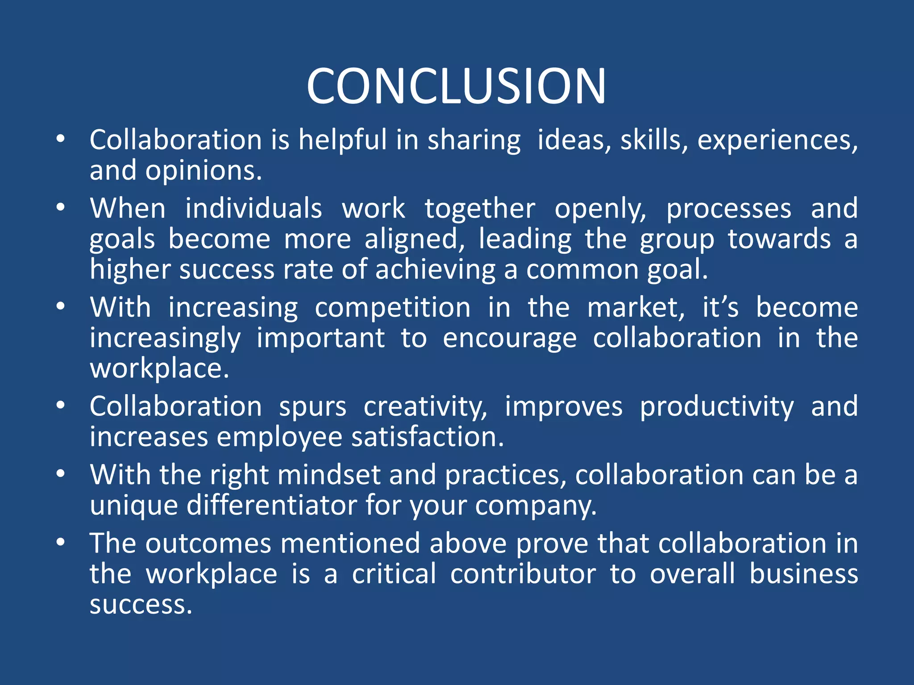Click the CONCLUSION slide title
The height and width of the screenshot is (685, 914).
[x=456, y=86]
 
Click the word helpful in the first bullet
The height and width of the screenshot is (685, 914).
[x=343, y=140]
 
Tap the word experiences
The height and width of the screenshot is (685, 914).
[x=777, y=140]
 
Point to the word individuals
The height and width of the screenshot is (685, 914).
[x=253, y=209]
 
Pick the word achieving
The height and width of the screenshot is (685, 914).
[x=436, y=270]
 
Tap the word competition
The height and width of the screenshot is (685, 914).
[x=393, y=308]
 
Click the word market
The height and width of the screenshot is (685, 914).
[x=636, y=308]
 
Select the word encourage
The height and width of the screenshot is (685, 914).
[x=510, y=338]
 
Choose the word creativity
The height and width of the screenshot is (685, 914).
[x=425, y=407]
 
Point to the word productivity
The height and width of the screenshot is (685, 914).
[x=717, y=407]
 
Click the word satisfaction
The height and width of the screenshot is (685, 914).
[x=428, y=437]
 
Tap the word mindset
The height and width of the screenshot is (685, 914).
[x=329, y=475]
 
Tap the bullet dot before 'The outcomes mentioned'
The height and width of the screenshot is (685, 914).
[x=61, y=543]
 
